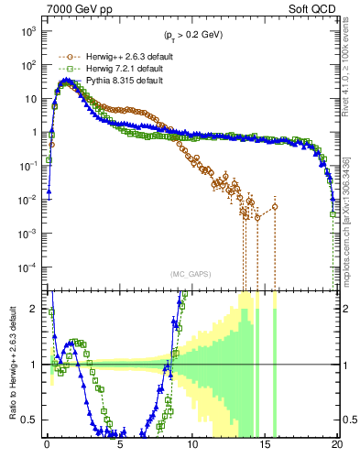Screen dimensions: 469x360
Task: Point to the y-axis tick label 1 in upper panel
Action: pos(35,132)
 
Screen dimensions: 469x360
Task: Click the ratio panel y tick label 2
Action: pos(36,309)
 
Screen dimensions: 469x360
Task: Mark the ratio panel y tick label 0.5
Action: pos(32,420)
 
